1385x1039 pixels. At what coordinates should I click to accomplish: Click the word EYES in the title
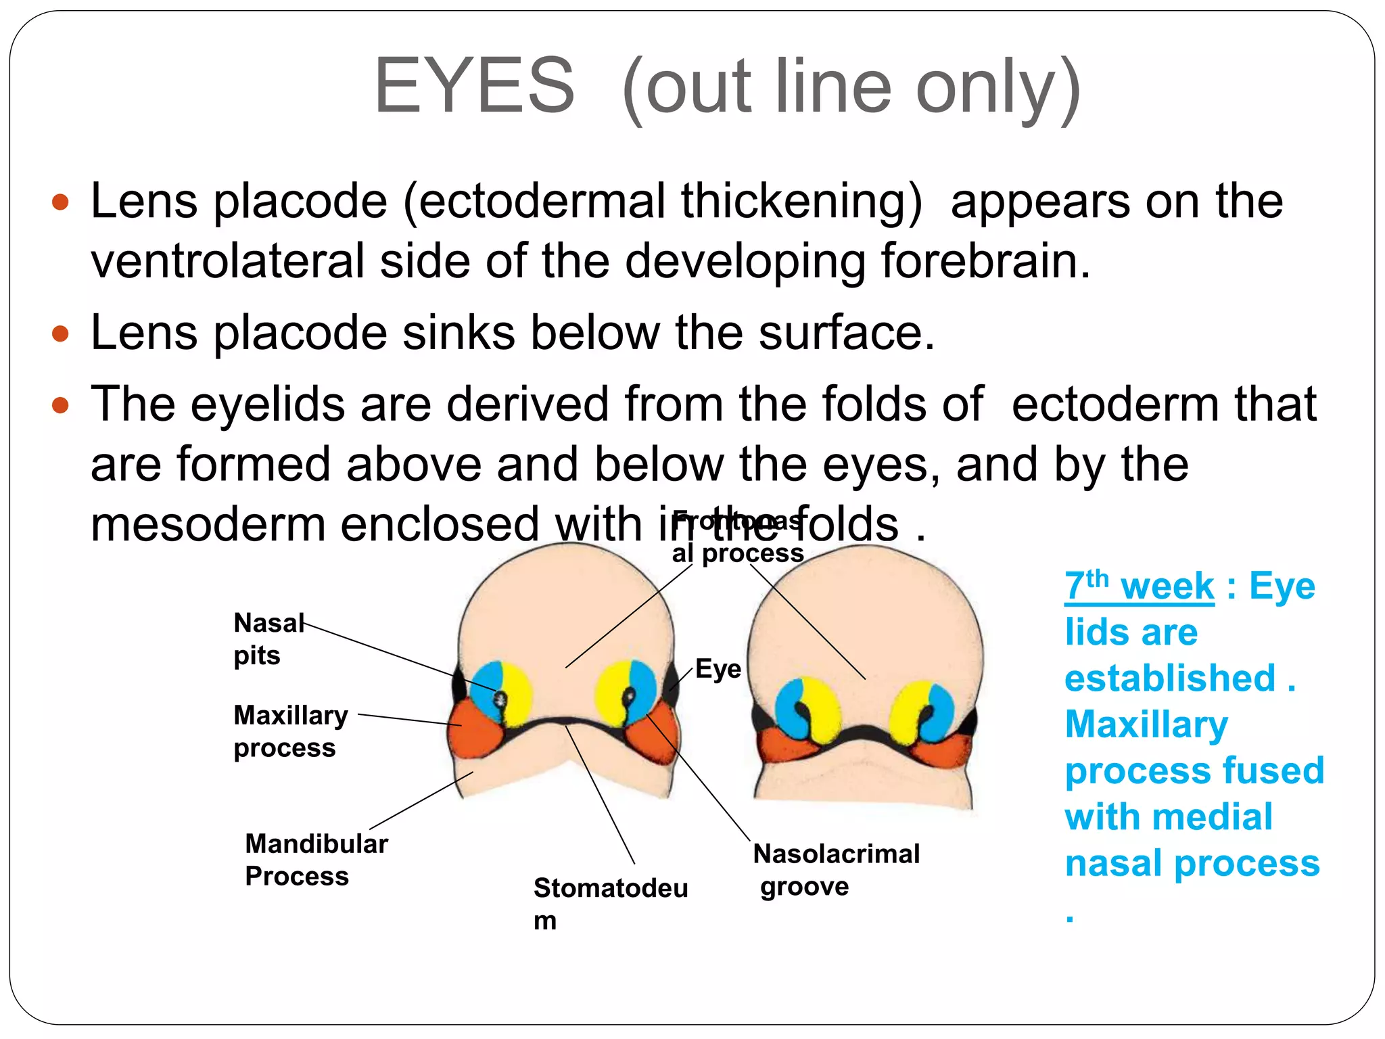(474, 87)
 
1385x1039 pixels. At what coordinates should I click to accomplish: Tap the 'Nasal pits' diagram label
(268, 638)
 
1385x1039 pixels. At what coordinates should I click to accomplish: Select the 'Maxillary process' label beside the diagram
(291, 731)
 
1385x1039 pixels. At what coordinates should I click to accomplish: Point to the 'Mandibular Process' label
(316, 859)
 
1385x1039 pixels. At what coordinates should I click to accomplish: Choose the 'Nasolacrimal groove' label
(836, 869)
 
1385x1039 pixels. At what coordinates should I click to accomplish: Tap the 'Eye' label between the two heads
(718, 669)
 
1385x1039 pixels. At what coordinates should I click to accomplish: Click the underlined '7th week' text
(1140, 586)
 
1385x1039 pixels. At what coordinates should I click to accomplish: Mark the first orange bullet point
(61, 202)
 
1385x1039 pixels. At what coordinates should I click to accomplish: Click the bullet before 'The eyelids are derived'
(61, 405)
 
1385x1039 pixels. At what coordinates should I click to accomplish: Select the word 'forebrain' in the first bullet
(979, 261)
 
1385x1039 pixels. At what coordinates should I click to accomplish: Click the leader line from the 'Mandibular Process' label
(421, 800)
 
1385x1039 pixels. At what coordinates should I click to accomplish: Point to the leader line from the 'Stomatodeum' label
(601, 795)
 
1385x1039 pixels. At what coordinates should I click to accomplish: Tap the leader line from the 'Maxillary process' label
(409, 720)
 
